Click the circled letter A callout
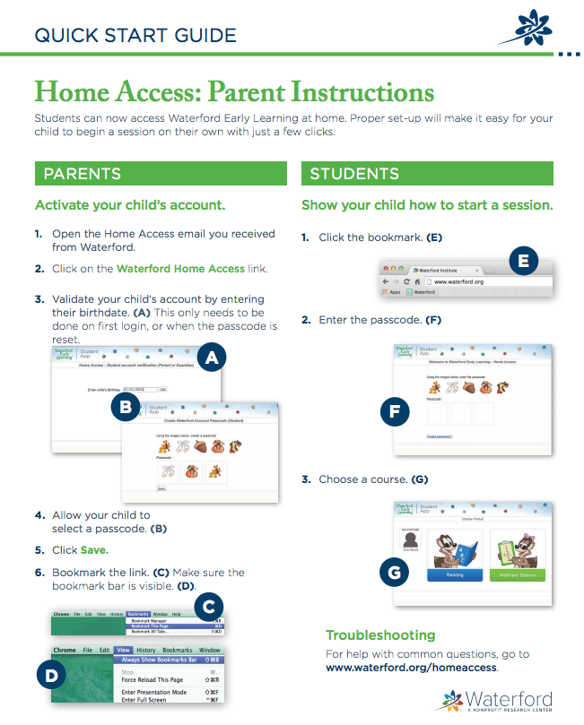211,359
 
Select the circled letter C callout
208,608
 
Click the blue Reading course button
455,574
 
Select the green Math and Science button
518,574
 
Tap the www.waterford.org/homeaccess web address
411,668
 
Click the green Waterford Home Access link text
180,268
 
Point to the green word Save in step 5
94,549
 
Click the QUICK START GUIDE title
135,36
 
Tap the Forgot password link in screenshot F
439,436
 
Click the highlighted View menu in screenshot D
124,650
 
